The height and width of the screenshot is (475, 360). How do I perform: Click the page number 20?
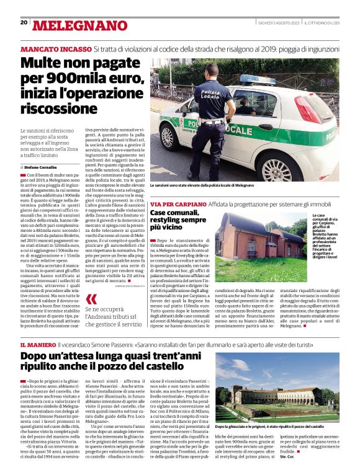24,22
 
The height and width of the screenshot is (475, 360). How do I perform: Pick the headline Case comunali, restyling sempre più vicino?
178,220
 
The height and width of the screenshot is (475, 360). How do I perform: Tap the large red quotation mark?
91,299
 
